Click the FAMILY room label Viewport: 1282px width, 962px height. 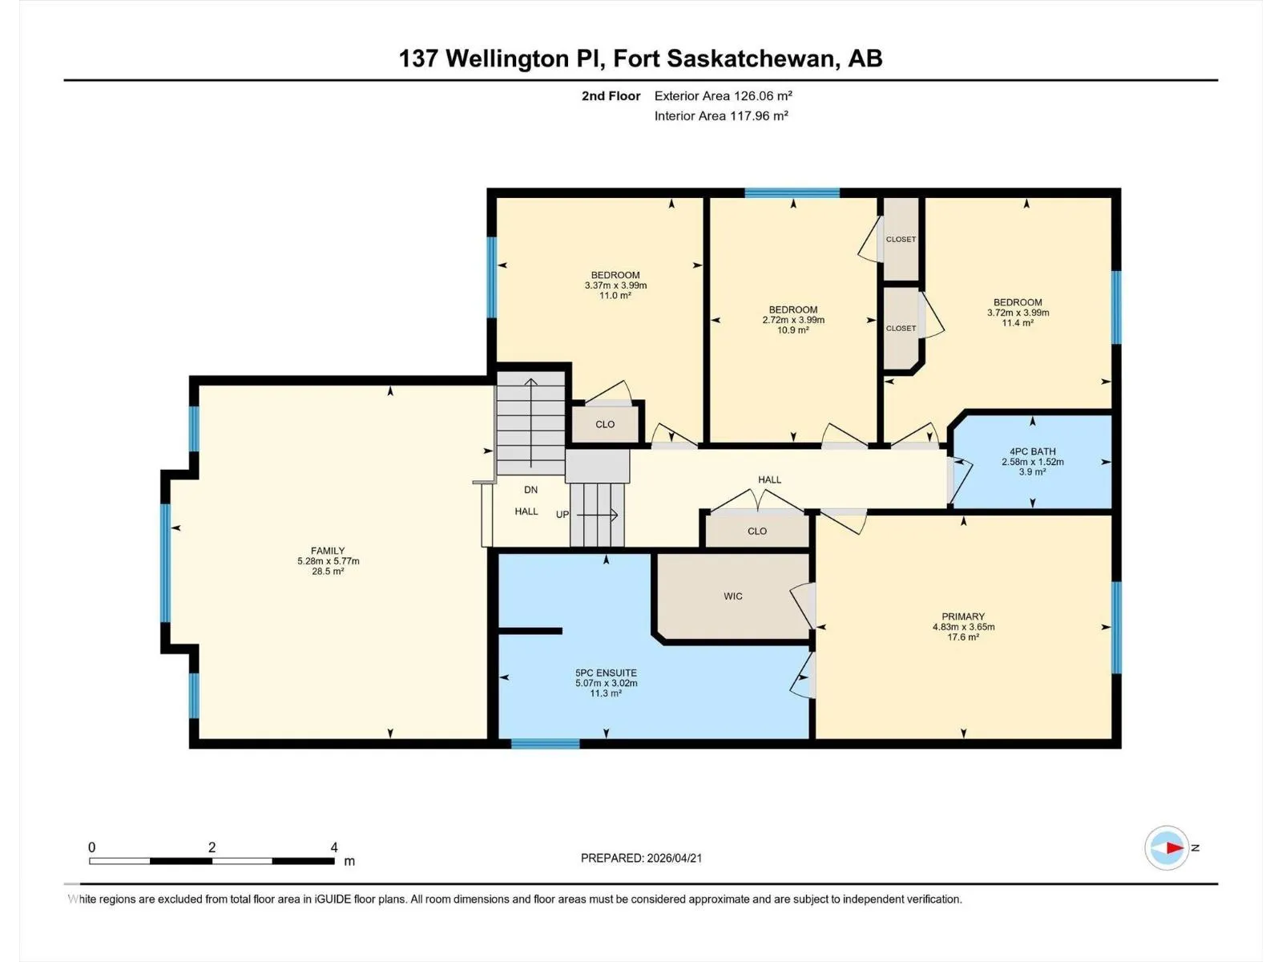pos(328,550)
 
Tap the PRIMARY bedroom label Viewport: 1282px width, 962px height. pos(963,616)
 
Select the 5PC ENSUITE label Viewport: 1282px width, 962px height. pos(606,673)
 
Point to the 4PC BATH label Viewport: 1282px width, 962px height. pos(1033,451)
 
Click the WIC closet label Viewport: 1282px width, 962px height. pos(733,596)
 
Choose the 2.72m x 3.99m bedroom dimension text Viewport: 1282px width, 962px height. pos(793,320)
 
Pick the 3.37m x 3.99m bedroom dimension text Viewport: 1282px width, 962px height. pos(615,285)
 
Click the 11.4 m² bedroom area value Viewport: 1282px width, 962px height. pos(1018,322)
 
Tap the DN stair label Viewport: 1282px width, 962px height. pos(530,490)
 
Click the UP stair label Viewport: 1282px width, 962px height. pos(562,515)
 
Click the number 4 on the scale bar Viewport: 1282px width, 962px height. pos(334,847)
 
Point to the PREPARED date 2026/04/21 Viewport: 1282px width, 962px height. pos(674,858)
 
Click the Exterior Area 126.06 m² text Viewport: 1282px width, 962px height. pos(723,95)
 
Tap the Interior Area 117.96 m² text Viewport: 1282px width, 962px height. pos(721,115)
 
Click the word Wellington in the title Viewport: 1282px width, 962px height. pos(507,59)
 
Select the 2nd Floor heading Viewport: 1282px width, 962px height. pos(611,95)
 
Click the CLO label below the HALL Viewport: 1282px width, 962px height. pos(757,531)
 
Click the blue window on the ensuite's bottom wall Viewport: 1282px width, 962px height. pos(545,744)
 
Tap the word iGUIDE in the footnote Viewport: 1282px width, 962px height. pos(333,899)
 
